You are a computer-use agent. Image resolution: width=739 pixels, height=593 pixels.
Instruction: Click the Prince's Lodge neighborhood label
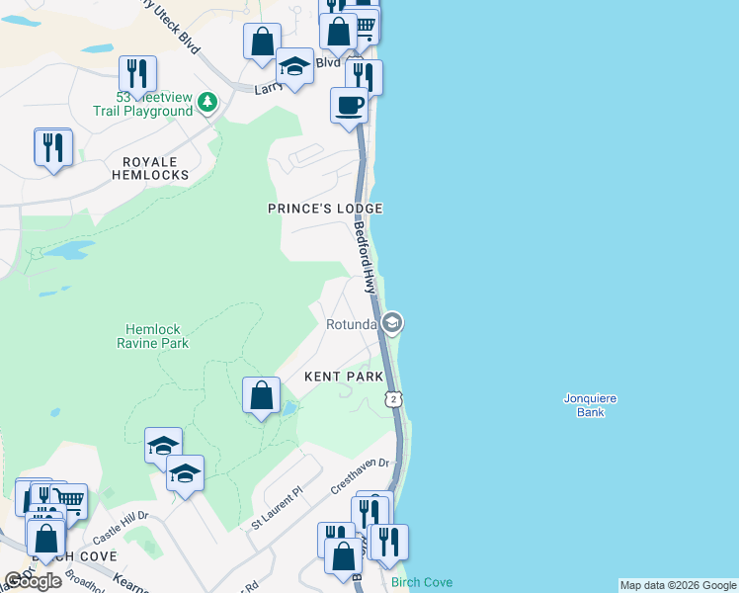pos(325,209)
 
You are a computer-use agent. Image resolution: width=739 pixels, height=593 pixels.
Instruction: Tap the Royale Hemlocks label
pos(155,168)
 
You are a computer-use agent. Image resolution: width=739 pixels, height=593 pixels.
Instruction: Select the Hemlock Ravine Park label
pos(157,336)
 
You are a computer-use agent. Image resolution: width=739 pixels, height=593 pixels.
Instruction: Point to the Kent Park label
pos(343,377)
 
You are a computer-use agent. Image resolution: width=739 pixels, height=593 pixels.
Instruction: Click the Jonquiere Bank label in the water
pos(591,405)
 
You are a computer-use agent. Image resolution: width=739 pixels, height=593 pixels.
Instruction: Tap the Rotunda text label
pos(352,324)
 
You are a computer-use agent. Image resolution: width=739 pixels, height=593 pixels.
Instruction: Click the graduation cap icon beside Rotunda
pos(392,323)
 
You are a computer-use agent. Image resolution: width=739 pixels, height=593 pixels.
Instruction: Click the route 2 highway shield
pos(394,398)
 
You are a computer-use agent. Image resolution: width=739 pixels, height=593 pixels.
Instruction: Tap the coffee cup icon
pos(349,105)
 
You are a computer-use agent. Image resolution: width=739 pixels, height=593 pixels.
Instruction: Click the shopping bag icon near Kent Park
pos(261,396)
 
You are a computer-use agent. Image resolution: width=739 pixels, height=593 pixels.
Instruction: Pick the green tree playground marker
pos(206,101)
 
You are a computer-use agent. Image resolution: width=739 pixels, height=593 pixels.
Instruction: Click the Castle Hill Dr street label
pos(121,529)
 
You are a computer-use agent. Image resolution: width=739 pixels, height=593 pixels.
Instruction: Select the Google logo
pos(33,581)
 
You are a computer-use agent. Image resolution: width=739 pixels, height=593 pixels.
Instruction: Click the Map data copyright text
pos(678,585)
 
